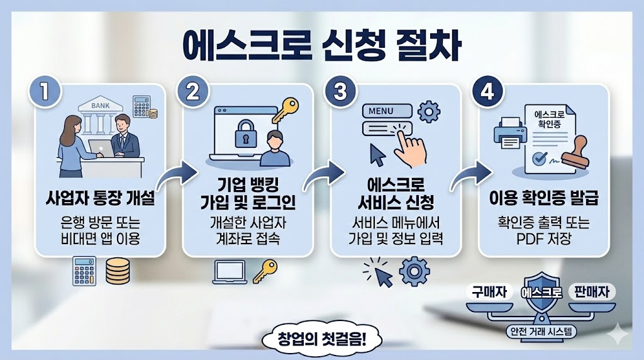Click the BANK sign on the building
(99, 105)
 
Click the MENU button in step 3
(381, 111)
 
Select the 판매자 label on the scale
(592, 291)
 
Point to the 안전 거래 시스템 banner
(541, 332)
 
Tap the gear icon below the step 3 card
(414, 271)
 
